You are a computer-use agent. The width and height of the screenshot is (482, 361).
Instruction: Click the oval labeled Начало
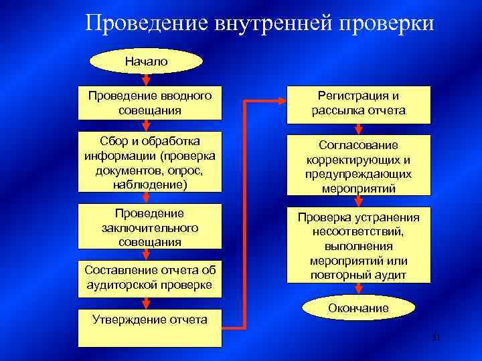[146, 62]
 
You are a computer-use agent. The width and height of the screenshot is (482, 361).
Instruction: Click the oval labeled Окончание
[358, 308]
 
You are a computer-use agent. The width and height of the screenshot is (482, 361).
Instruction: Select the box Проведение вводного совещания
[149, 102]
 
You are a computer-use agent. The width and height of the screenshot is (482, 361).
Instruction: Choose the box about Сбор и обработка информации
[149, 161]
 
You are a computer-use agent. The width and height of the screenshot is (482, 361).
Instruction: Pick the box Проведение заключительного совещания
[149, 227]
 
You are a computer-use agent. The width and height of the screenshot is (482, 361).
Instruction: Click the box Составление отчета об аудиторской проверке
[149, 277]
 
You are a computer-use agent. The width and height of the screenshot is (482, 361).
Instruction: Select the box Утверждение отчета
[149, 327]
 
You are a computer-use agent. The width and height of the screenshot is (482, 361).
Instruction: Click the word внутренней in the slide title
[274, 24]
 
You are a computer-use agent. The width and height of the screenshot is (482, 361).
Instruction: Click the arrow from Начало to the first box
[146, 81]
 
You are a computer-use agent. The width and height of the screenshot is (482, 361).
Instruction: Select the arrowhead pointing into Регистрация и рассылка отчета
[280, 102]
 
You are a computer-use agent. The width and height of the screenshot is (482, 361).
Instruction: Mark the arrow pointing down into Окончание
[359, 289]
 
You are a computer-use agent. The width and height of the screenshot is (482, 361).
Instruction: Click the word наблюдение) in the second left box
[149, 184]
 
